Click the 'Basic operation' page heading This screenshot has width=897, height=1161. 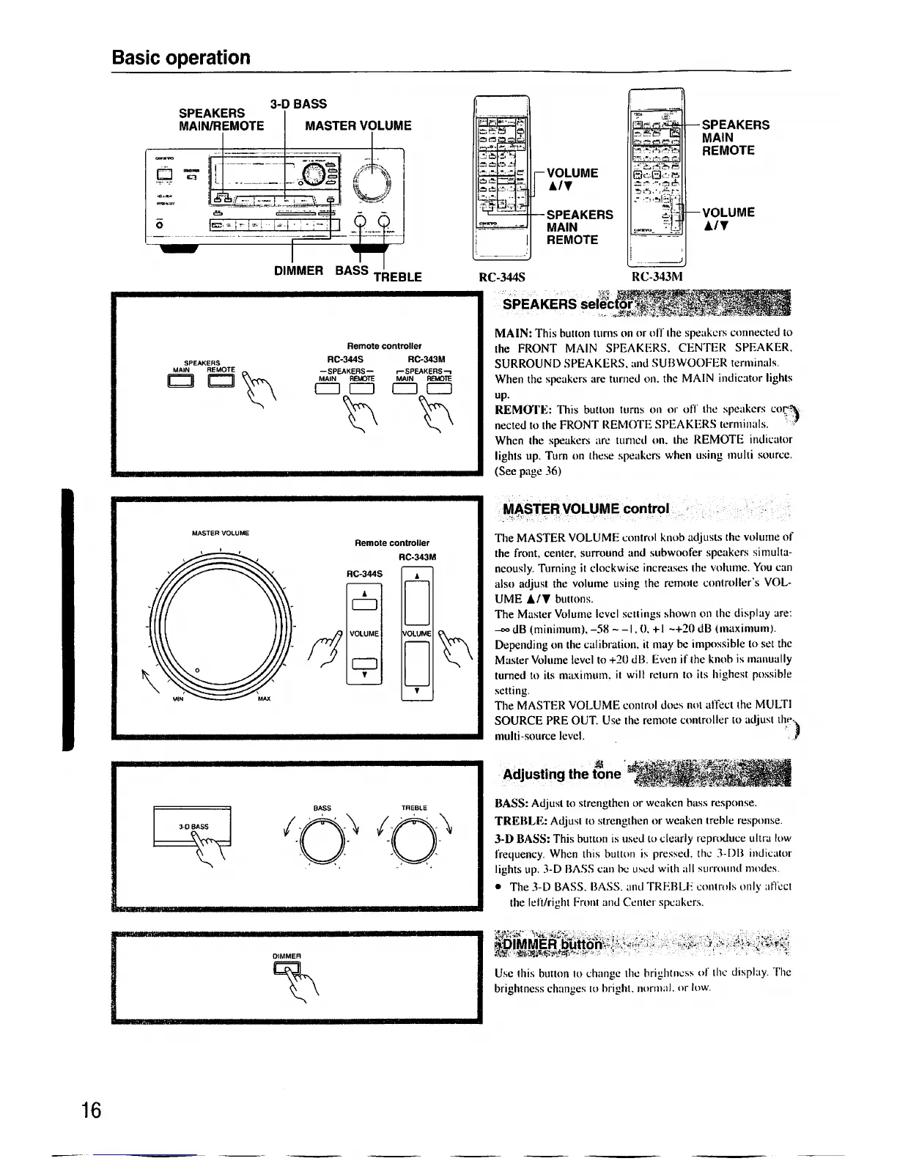pos(181,57)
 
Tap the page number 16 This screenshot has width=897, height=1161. pos(91,1110)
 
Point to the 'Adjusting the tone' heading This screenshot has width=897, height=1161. pos(562,774)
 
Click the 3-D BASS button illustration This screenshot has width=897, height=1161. pos(192,826)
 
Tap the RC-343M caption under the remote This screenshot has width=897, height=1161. pos(657,278)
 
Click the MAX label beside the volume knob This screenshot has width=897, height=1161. pos(264,699)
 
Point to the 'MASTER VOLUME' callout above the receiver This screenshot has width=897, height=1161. pos(358,125)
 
